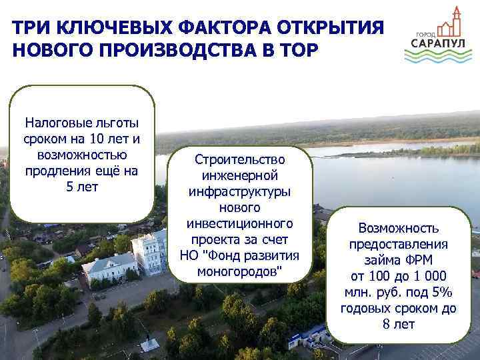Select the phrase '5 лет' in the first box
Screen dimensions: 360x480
coord(82,187)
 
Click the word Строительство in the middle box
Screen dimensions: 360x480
coord(239,160)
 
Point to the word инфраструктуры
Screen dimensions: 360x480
coord(239,192)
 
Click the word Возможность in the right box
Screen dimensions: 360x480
coord(399,228)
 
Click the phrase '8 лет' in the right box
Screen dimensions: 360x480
coord(399,324)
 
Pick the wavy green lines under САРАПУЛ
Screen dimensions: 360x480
coord(437,57)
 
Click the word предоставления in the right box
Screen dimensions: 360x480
coord(399,244)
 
